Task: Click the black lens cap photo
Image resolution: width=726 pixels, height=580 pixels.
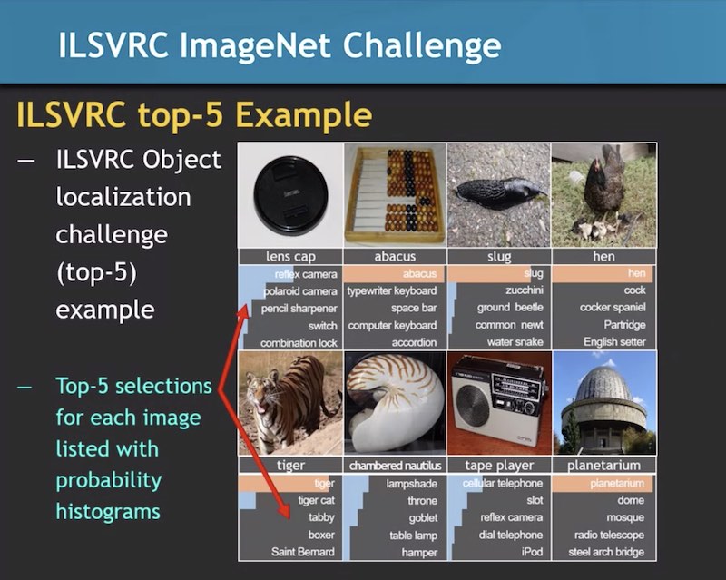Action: click(290, 194)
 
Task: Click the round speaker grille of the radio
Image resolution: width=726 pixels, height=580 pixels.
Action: click(473, 406)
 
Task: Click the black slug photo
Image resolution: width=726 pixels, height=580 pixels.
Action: click(498, 194)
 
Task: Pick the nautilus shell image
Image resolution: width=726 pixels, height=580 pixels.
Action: click(395, 403)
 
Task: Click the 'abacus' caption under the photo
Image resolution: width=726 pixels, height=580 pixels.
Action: click(395, 256)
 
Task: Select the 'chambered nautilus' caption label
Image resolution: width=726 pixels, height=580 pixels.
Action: click(395, 465)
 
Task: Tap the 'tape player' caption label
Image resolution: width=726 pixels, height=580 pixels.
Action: click(499, 465)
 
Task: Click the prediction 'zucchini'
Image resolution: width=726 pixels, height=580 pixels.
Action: click(525, 290)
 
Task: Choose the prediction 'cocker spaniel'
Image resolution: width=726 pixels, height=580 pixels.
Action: click(613, 307)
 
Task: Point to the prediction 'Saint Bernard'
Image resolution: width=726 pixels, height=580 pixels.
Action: click(303, 552)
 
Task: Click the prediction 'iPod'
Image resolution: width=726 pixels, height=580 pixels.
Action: click(532, 552)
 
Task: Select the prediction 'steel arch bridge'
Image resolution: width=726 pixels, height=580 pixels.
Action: click(606, 552)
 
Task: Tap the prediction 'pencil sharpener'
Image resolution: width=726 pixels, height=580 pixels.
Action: click(299, 309)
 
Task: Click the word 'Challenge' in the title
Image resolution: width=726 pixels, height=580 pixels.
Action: click(422, 46)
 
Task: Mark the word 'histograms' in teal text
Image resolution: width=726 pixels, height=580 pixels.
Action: click(108, 511)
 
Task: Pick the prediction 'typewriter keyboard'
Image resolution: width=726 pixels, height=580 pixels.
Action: click(392, 291)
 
